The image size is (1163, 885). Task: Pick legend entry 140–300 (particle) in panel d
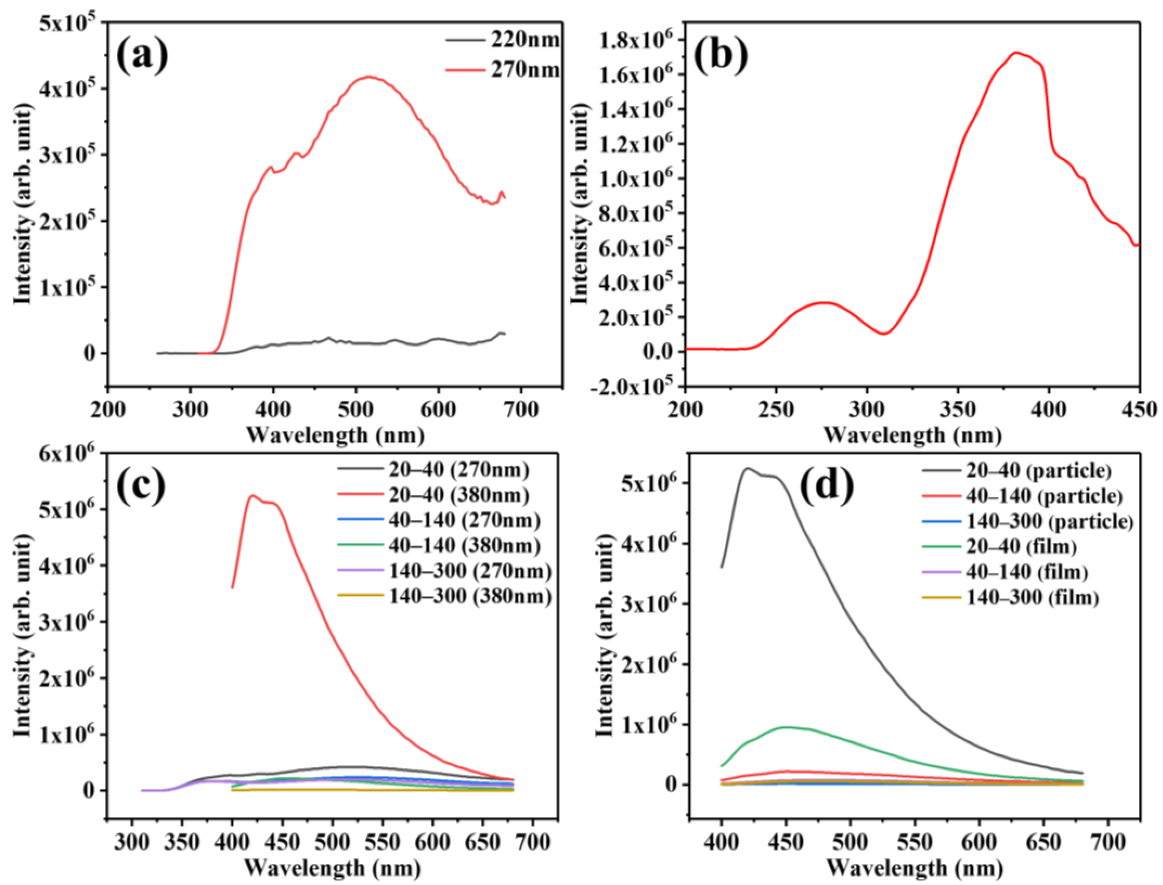click(1049, 521)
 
